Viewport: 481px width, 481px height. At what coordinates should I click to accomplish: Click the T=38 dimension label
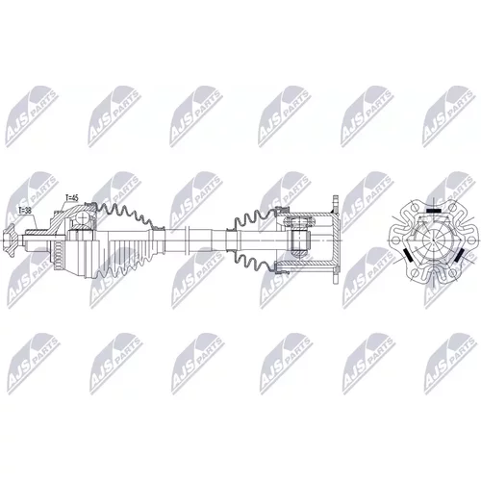click(x=25, y=211)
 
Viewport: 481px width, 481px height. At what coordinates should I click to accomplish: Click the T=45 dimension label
click(x=71, y=198)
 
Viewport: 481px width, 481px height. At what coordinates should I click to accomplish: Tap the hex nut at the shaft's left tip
click(x=10, y=240)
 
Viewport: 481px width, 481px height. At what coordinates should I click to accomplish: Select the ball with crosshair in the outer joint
click(x=83, y=217)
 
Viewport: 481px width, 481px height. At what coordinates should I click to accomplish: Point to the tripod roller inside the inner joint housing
click(x=300, y=240)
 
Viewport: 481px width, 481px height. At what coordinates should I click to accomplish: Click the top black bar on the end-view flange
click(x=434, y=211)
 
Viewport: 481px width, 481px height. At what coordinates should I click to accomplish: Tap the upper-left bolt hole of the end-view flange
click(x=415, y=206)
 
